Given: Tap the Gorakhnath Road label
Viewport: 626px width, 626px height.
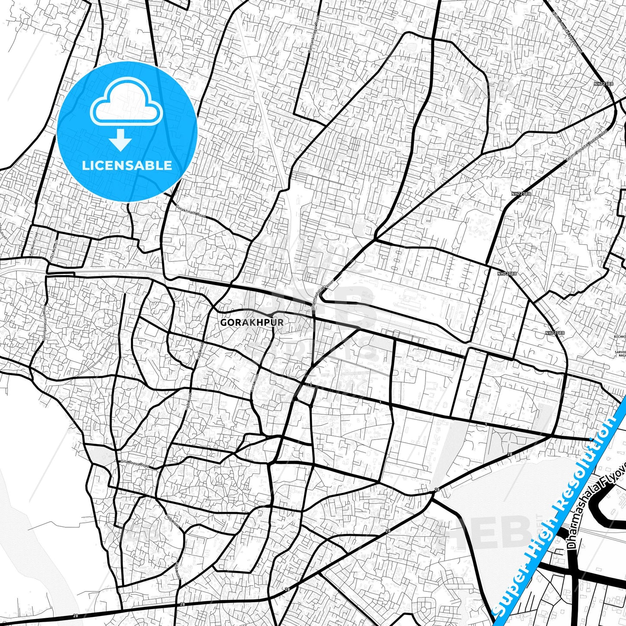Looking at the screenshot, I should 191,211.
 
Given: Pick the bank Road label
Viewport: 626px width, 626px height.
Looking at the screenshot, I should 254,383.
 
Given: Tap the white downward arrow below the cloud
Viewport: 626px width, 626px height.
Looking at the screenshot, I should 121,141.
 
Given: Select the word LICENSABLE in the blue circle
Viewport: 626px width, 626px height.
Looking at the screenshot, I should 127,165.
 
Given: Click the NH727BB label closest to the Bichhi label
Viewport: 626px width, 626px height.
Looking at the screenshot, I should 555,333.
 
